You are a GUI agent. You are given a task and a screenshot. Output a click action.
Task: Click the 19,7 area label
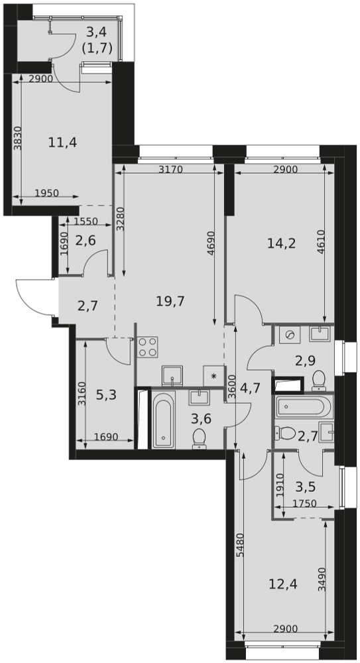coord(170,302)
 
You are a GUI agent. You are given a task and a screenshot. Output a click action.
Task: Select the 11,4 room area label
coord(62,142)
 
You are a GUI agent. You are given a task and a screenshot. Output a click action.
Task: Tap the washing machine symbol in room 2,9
coord(290,335)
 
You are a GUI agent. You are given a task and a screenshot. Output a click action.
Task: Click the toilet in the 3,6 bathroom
coord(199,438)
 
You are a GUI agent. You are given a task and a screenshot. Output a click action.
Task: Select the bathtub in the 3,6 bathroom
coord(163,420)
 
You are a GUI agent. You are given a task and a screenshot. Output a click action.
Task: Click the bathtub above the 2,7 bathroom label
coord(304,407)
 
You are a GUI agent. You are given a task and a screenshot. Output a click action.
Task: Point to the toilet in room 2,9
coord(318,381)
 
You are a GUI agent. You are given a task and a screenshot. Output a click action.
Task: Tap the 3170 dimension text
coord(170,170)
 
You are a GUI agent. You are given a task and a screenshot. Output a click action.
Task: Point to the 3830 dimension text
coord(17,139)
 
